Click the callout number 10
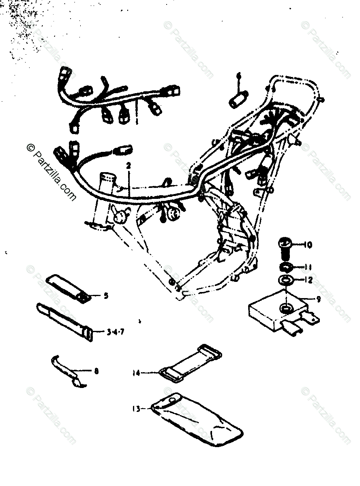click(x=307, y=245)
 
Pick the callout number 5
click(x=106, y=296)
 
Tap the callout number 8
click(x=96, y=370)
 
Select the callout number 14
click(x=137, y=372)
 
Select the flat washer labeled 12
click(x=285, y=280)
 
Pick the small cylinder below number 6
click(x=236, y=100)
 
